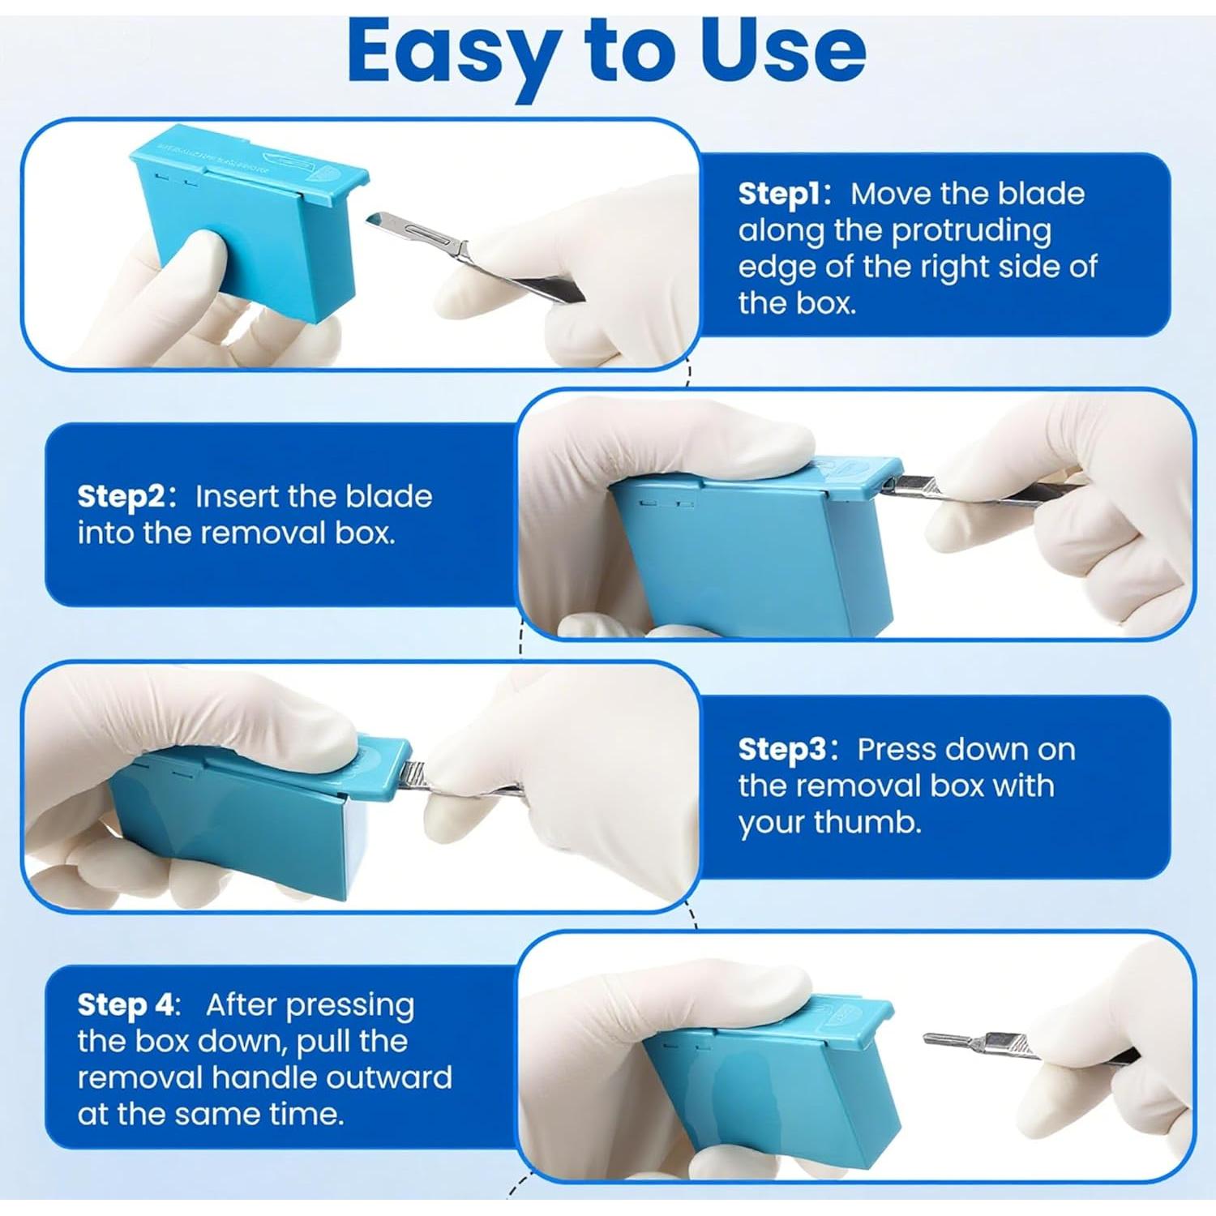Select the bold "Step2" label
pos(121,496)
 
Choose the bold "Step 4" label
pos(126,1004)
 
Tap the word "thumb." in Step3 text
pos(868,822)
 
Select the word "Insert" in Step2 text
pos(235,496)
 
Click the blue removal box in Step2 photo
pos(754,559)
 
